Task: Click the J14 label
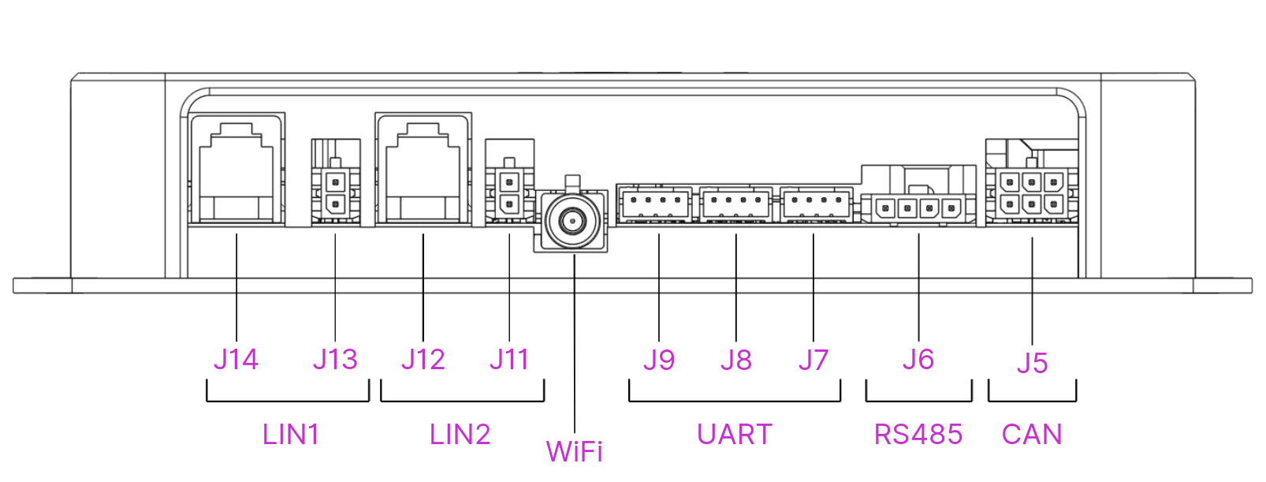(x=236, y=360)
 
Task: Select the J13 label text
(x=335, y=360)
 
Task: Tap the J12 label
(x=423, y=360)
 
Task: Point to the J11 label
(x=509, y=360)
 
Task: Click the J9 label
(x=659, y=361)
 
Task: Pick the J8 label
(x=736, y=361)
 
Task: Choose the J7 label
(x=814, y=361)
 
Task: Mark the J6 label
(x=918, y=360)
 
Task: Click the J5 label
(x=1032, y=363)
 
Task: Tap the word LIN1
(x=291, y=435)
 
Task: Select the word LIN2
(x=460, y=435)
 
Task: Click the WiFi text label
(x=575, y=452)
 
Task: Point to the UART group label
(x=735, y=435)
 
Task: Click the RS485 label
(x=918, y=435)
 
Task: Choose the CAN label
(x=1032, y=435)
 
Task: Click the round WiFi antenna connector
(x=572, y=221)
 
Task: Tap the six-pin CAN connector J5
(x=1031, y=193)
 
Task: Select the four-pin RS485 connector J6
(x=918, y=209)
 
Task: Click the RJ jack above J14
(x=236, y=170)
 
